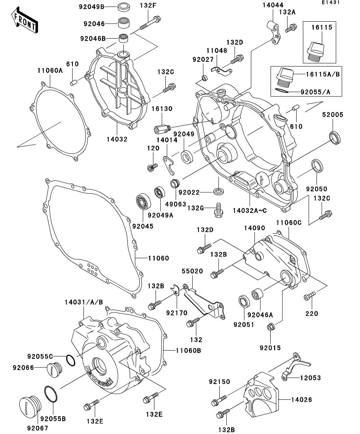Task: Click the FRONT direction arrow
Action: point(24,22)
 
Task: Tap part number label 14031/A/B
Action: point(84,302)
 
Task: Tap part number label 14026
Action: point(302,400)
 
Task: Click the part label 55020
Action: point(192,271)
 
